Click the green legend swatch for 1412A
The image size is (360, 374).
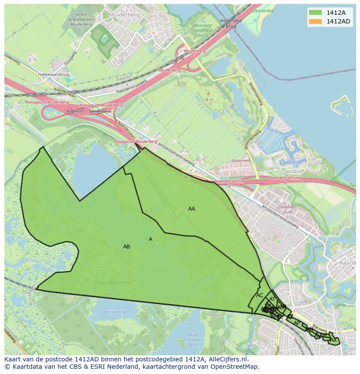point(315,13)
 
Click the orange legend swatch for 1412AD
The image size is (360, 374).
point(315,21)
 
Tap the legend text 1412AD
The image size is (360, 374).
point(339,21)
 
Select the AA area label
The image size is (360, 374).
point(192,209)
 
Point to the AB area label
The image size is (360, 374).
point(127,247)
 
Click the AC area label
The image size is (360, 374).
point(260,295)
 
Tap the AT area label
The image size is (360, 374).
point(272,299)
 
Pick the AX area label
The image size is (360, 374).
point(333,340)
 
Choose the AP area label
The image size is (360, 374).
point(297,323)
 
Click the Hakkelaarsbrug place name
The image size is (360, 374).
point(53,74)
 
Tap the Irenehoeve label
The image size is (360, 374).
point(100,111)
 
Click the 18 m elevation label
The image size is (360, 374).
point(209,99)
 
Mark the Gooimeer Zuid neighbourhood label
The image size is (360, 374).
point(287,210)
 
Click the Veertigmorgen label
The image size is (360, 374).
point(116,312)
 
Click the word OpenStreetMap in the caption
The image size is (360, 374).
point(236,367)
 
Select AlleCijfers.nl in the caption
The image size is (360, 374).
point(227,359)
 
